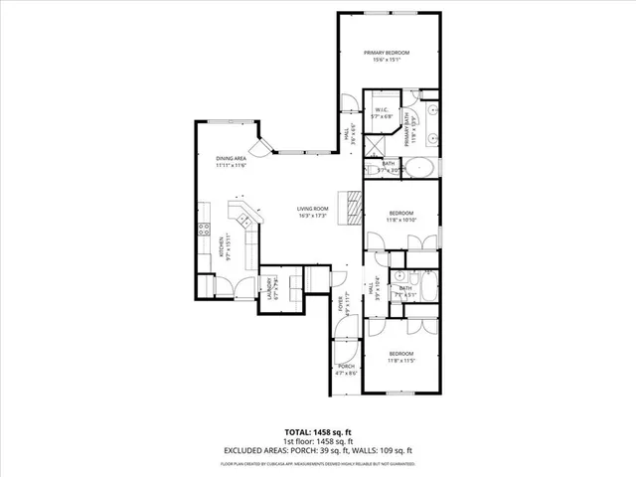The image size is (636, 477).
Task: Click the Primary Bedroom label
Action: click(387, 53)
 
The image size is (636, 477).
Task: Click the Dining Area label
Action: click(232, 159)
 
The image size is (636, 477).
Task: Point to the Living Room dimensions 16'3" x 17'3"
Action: click(312, 216)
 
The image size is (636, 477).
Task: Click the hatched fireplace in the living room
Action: click(353, 206)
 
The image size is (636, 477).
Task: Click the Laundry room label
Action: click(269, 289)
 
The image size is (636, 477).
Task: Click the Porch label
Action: click(347, 367)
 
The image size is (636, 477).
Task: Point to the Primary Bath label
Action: click(406, 130)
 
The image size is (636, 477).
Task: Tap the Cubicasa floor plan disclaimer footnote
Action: click(318, 463)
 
